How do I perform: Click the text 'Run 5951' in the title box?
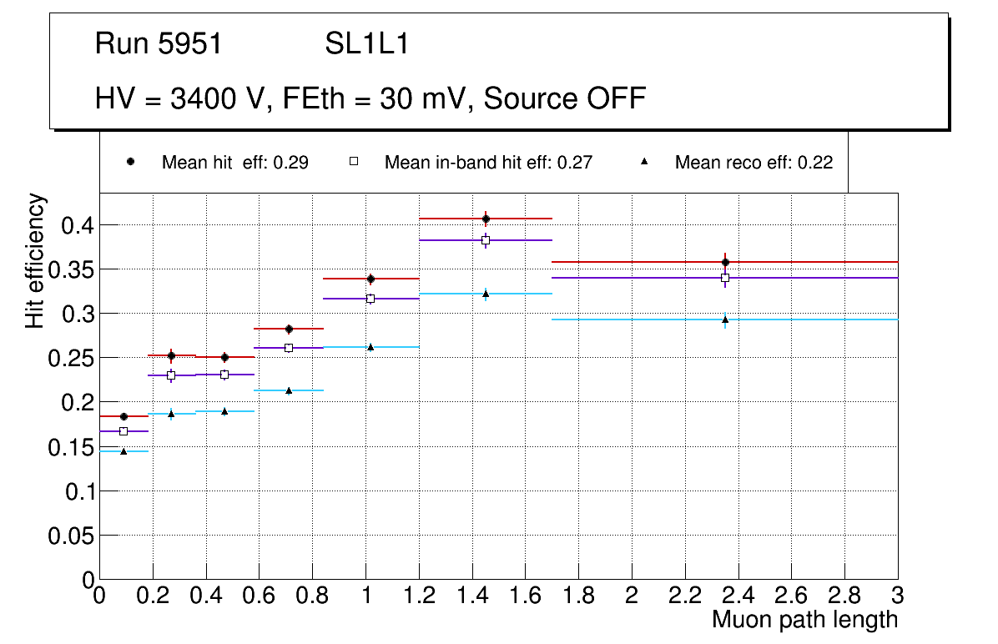pyautogui.click(x=159, y=44)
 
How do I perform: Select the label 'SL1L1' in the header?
pyautogui.click(x=366, y=44)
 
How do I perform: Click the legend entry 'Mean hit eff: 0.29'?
pyautogui.click(x=234, y=163)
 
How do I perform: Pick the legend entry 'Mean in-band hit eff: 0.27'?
pyautogui.click(x=488, y=163)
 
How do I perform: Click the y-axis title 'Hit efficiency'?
pyautogui.click(x=36, y=260)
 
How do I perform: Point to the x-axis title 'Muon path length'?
pyautogui.click(x=804, y=620)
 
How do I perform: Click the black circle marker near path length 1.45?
pyautogui.click(x=486, y=219)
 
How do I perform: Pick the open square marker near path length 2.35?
pyautogui.click(x=725, y=278)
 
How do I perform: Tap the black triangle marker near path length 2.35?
pyautogui.click(x=725, y=319)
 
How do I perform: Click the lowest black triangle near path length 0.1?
pyautogui.click(x=123, y=451)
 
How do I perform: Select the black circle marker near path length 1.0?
pyautogui.click(x=370, y=279)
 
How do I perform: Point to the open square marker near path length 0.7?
pyautogui.click(x=289, y=348)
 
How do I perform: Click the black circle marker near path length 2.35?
pyautogui.click(x=725, y=262)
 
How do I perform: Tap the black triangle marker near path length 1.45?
pyautogui.click(x=486, y=294)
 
